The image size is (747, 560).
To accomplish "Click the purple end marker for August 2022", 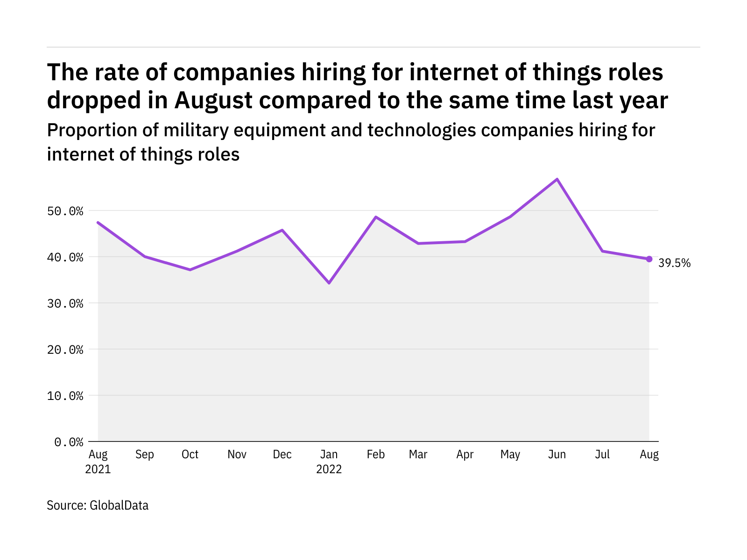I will click(x=649, y=259).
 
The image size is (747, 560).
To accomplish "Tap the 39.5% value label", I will click(x=674, y=263).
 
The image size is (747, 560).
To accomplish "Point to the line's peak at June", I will click(x=557, y=179).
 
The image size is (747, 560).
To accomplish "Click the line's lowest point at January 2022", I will click(x=329, y=283).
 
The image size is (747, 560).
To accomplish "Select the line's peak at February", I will click(x=376, y=217).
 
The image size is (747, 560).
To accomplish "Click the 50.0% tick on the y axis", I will click(x=65, y=211).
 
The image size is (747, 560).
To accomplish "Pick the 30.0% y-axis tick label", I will click(x=65, y=304).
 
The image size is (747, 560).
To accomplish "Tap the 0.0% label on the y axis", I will click(x=69, y=442).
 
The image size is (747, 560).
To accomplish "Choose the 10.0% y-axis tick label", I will click(x=65, y=396).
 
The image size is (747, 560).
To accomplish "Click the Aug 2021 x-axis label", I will click(x=98, y=461).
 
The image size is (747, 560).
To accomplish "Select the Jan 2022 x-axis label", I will click(x=329, y=461).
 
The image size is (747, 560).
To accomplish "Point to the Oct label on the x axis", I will click(x=190, y=455).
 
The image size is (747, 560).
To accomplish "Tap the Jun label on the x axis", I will click(x=557, y=455).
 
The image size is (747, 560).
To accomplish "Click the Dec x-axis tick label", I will click(x=282, y=455).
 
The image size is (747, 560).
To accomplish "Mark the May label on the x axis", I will click(x=510, y=455).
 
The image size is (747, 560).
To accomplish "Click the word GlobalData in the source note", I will click(x=119, y=505).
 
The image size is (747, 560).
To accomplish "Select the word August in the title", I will click(x=213, y=100).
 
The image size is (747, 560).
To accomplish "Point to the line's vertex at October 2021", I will click(x=190, y=270).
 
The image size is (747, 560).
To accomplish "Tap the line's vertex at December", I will click(x=282, y=230).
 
